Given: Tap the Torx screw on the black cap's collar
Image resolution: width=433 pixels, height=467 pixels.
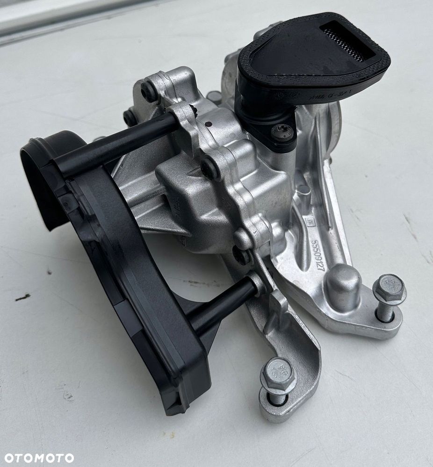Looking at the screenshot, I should point(282,133).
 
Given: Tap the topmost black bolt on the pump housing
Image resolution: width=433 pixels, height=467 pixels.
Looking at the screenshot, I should point(149,92).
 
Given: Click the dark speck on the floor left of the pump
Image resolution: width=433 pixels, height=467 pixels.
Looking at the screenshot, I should point(22,297).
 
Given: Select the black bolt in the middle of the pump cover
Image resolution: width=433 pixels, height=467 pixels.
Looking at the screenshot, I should point(210,169).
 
